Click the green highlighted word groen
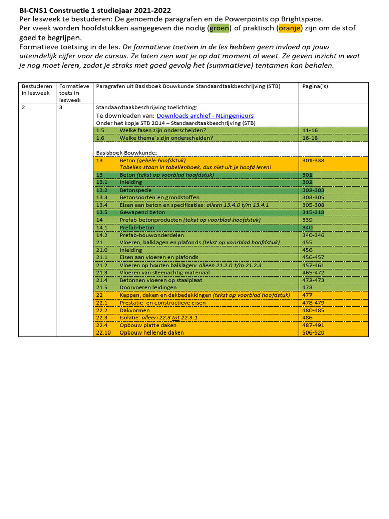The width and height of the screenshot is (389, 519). click(x=219, y=29)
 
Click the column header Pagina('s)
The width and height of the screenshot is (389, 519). click(x=315, y=86)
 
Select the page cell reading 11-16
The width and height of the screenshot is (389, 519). click(x=310, y=130)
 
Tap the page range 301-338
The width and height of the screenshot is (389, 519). click(x=314, y=160)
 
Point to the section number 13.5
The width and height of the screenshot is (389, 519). click(x=102, y=213)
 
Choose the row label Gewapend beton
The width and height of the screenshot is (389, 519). click(x=142, y=213)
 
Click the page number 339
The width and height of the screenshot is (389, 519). click(x=307, y=220)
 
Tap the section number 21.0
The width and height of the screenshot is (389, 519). click(x=102, y=250)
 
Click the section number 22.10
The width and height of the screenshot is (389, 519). click(x=104, y=333)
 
